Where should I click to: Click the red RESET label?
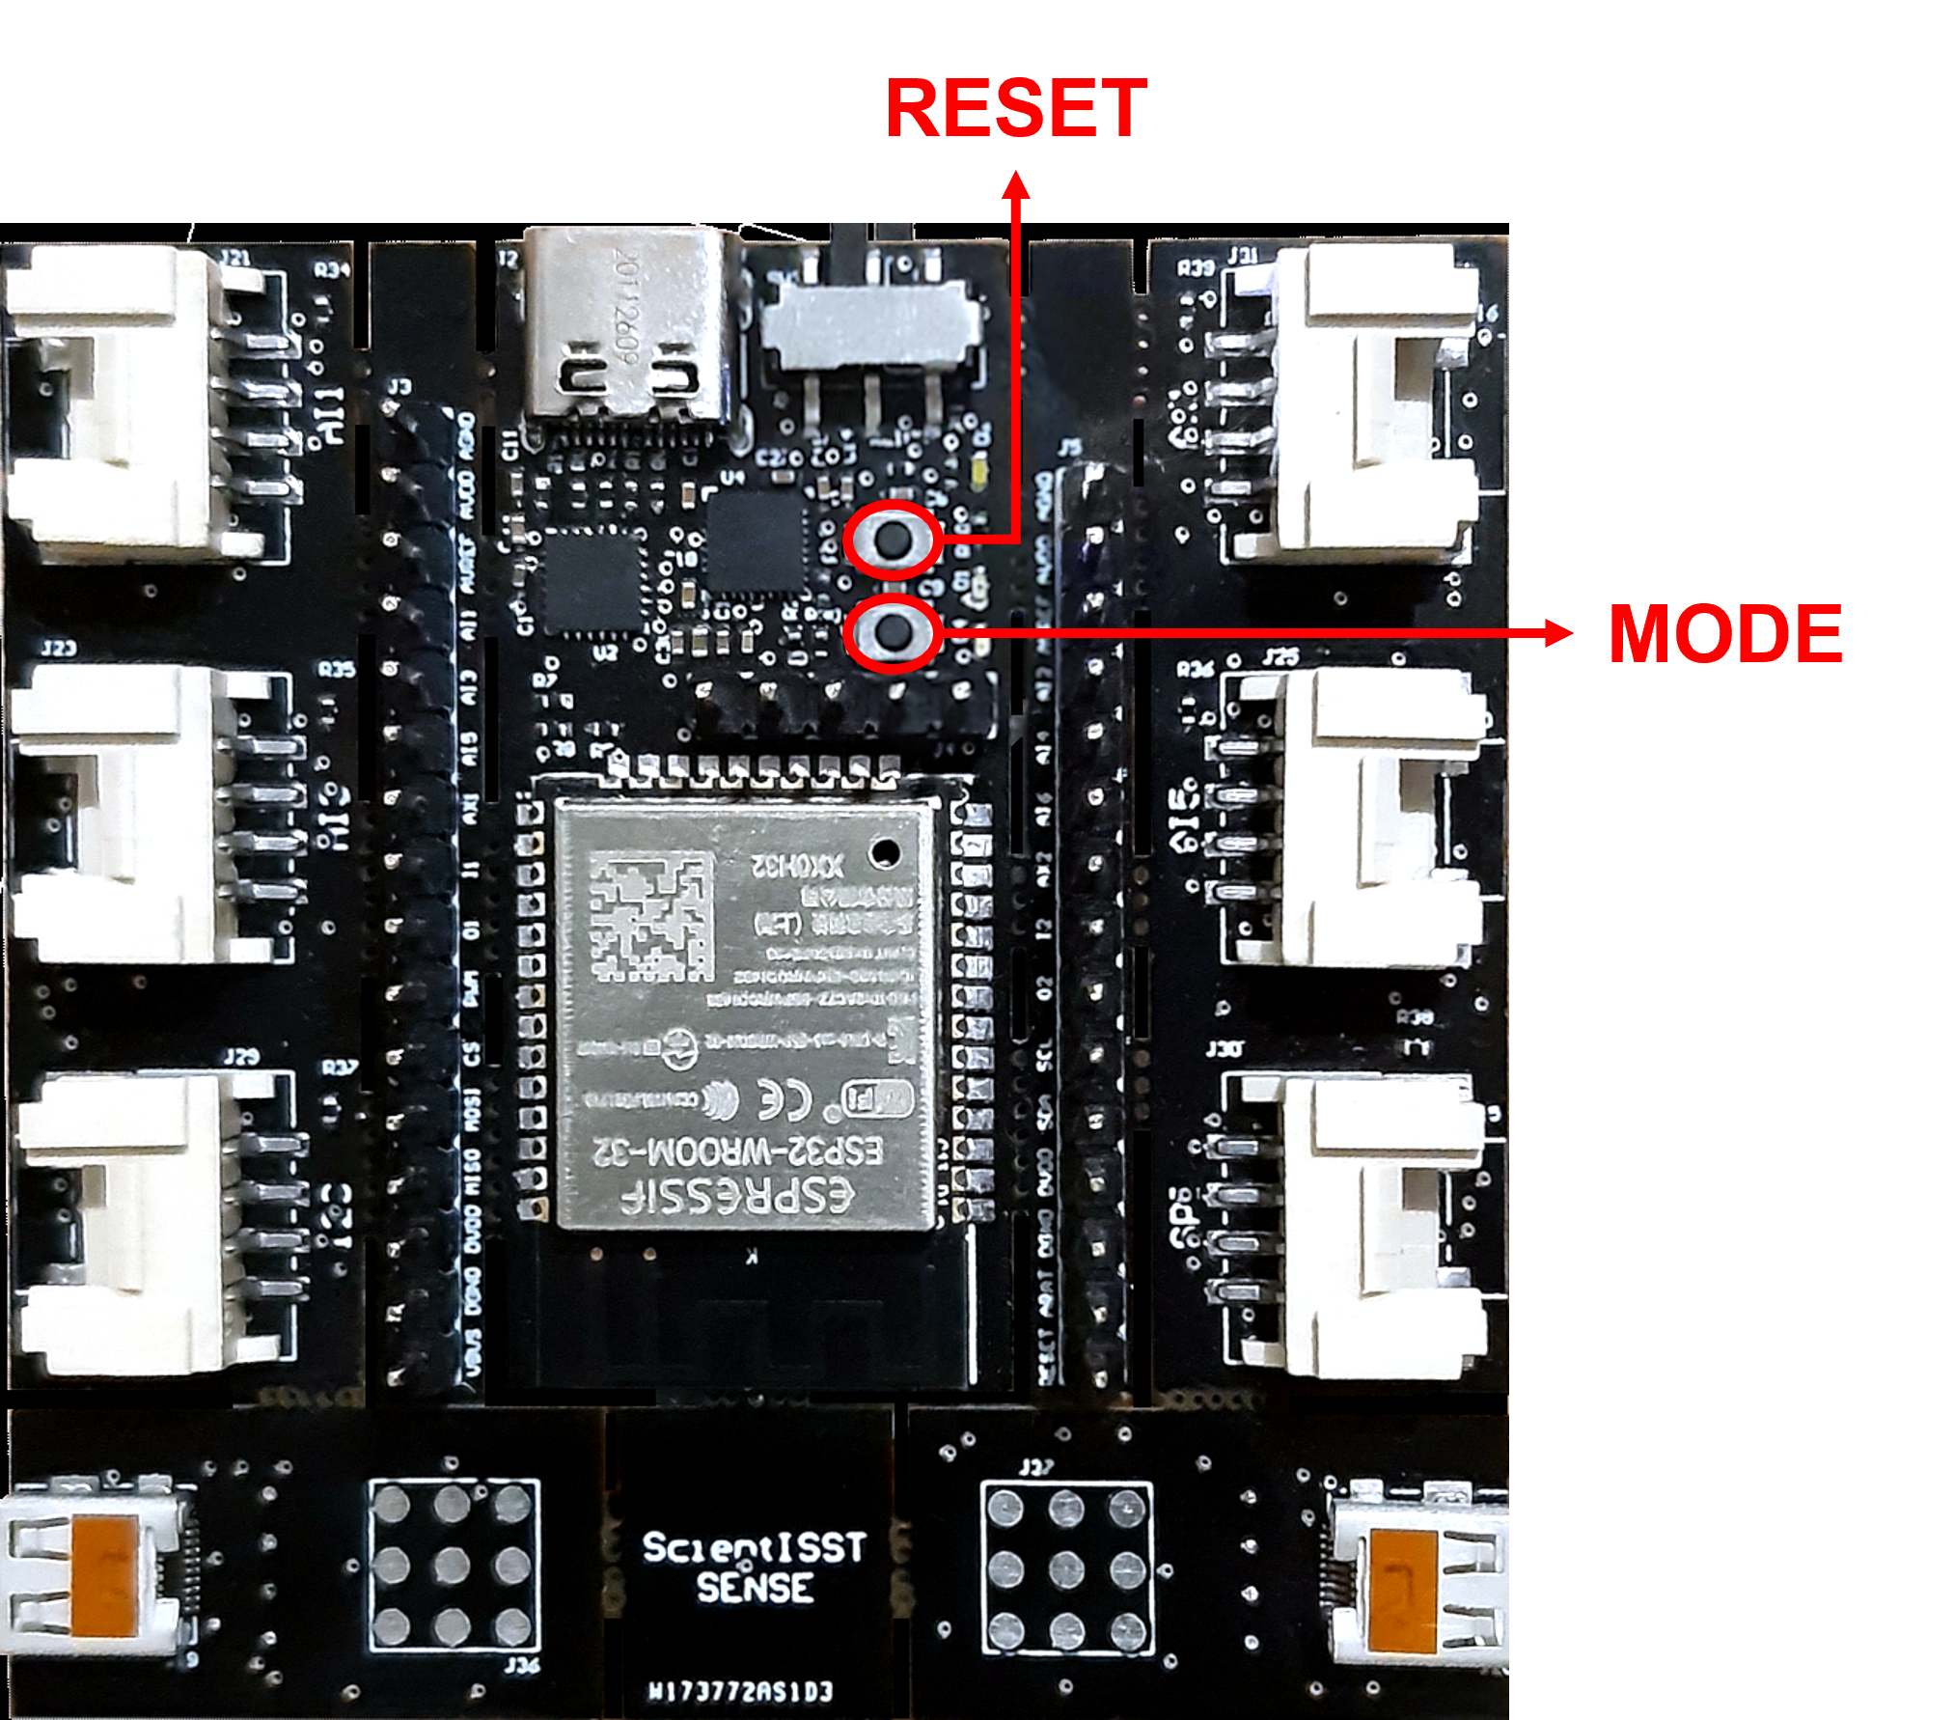pos(1016,108)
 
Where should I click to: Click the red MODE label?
pos(1724,634)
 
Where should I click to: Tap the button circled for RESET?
pos(894,541)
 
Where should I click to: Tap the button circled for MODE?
pos(894,633)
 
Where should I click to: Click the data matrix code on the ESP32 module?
pos(650,915)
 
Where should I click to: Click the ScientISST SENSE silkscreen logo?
pos(754,1567)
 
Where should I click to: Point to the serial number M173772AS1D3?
pos(740,1691)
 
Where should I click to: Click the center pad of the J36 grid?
pos(453,1565)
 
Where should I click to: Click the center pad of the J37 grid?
pos(1066,1568)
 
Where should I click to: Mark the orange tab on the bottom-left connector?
pos(103,1576)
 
